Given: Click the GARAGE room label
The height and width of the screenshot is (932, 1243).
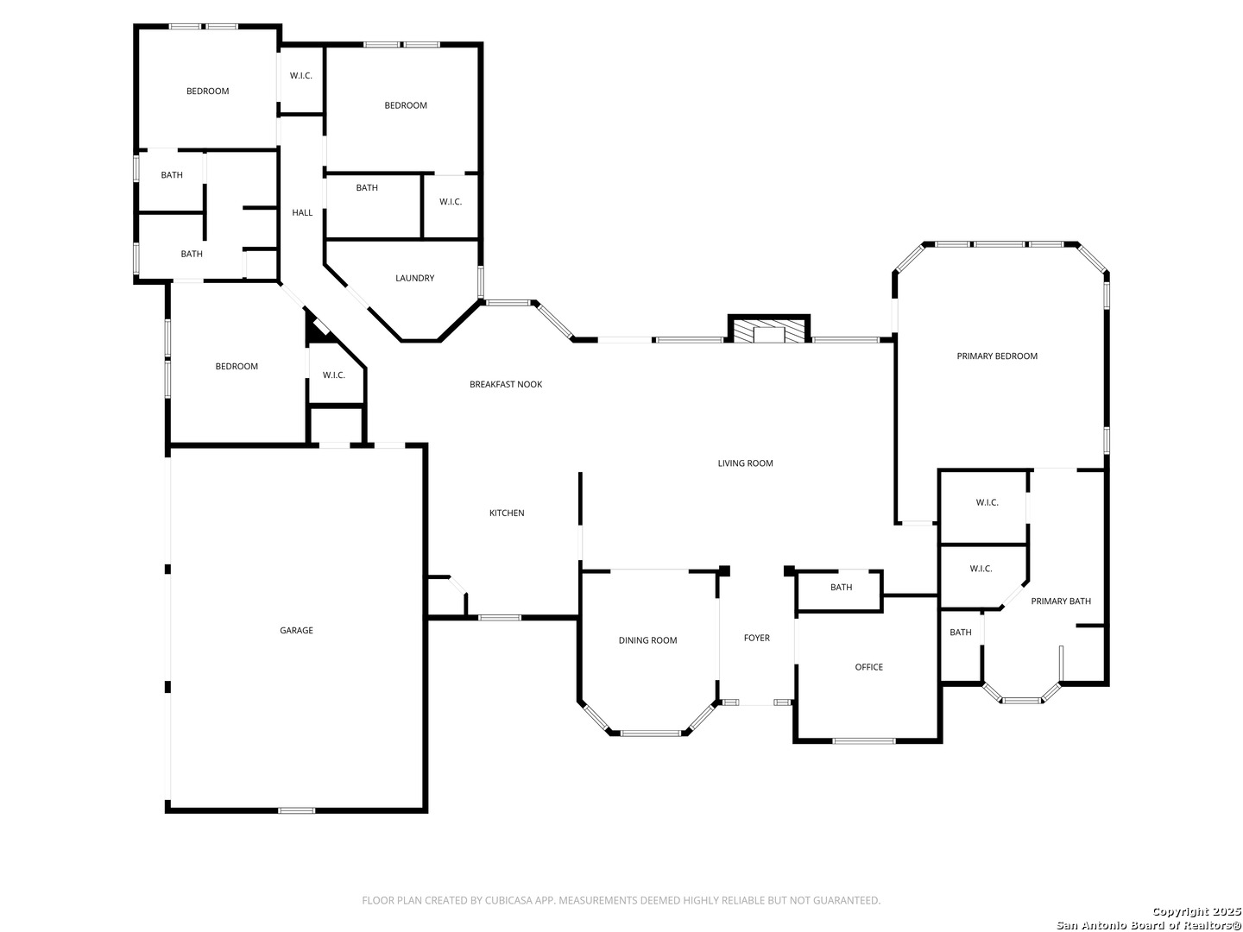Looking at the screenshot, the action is point(296,630).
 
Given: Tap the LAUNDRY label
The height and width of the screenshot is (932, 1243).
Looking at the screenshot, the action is point(414,279).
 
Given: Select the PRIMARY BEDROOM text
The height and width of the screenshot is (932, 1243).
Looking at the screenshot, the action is point(997,356).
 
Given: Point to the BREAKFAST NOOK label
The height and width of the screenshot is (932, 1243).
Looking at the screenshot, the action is point(506,384).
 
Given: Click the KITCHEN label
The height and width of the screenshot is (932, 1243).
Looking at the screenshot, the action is point(506,513).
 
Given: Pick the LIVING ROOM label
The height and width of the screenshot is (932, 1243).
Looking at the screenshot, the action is point(745,463).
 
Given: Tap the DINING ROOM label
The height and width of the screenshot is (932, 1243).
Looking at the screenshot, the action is point(647,640).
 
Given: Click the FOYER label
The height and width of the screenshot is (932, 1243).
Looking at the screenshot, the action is point(756,639).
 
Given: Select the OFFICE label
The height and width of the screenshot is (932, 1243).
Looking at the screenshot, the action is point(868,667).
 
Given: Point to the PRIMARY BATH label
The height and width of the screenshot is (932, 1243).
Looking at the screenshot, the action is point(1061,601).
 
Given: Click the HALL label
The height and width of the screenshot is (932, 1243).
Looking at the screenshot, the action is point(302,213).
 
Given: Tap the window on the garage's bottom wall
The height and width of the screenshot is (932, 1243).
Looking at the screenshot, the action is point(296,810).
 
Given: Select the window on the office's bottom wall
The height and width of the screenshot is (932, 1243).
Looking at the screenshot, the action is point(863,740).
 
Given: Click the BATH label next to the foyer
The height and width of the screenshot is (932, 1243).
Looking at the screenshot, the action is point(841,588).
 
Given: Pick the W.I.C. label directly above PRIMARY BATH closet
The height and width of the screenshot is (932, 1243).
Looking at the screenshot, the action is point(981,569).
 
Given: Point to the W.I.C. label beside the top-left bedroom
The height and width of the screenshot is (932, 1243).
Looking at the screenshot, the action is point(300,76).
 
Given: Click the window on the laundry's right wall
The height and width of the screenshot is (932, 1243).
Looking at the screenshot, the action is point(481,282).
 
